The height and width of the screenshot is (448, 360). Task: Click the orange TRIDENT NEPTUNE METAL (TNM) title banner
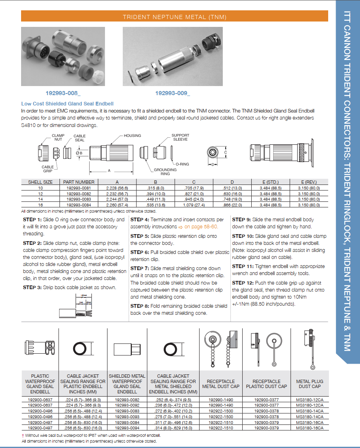174,17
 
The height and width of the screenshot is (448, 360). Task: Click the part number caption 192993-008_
63,93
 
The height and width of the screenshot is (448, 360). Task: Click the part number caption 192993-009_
173,93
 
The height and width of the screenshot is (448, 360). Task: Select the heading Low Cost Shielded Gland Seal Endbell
67,103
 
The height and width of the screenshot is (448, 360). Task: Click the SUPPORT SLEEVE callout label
180,137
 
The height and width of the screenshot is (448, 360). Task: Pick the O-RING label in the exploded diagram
182,164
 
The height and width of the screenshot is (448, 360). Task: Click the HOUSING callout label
132,136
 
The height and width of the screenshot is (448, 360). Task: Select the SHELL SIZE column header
40,182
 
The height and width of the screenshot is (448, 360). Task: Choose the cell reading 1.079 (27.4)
194,204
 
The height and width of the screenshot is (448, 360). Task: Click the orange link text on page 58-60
201,227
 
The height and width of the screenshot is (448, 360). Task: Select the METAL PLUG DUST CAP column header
310,384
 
